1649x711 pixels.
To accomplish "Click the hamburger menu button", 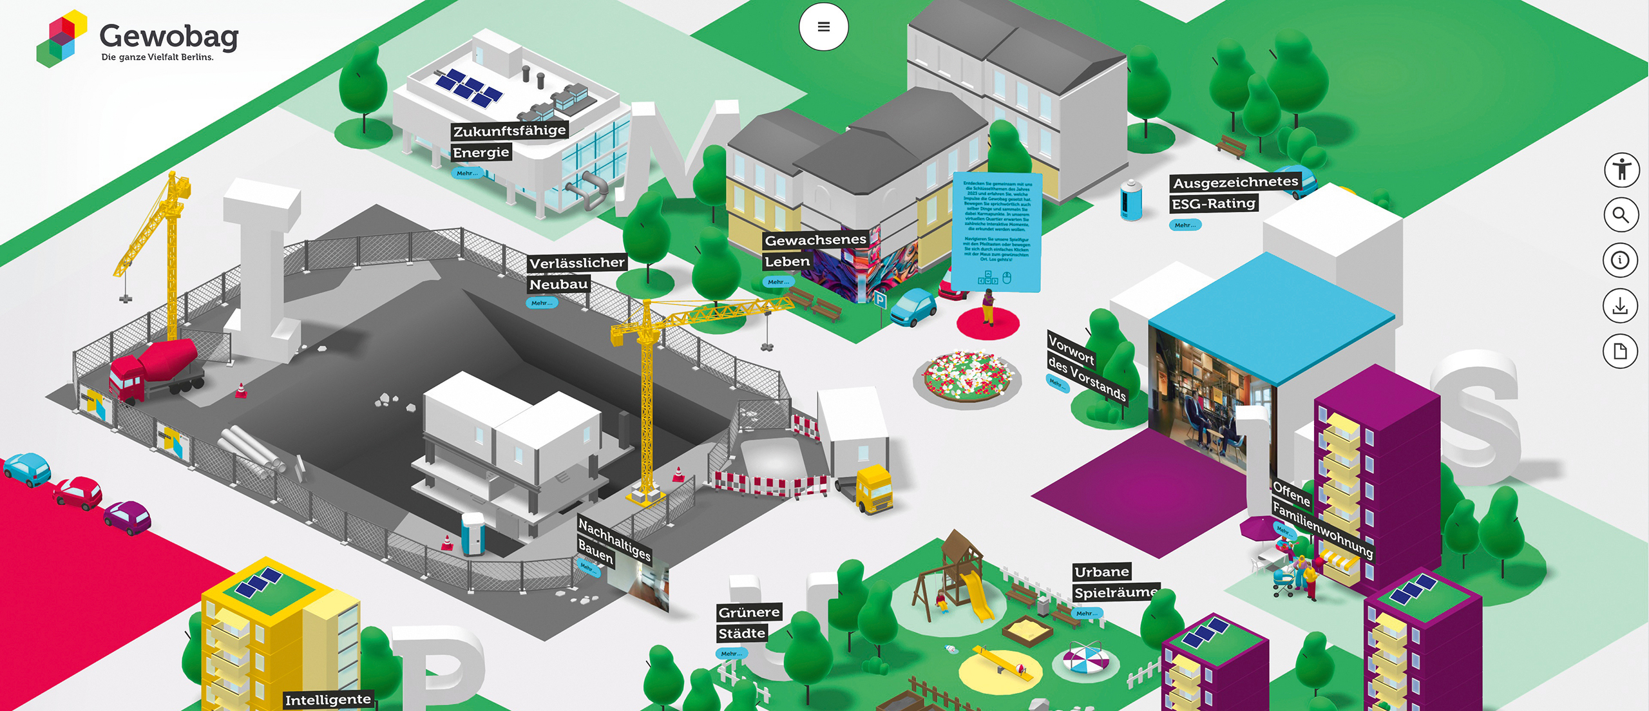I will click(823, 27).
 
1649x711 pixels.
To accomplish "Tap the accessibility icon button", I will click(1621, 171).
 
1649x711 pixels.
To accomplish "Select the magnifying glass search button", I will click(1621, 215).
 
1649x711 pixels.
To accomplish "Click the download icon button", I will click(1620, 306).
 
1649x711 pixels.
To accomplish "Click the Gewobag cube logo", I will click(61, 39).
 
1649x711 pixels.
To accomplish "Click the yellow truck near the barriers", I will click(873, 489).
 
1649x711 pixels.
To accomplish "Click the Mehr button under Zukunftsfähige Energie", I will click(467, 173).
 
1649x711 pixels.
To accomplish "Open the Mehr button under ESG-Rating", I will click(1185, 225).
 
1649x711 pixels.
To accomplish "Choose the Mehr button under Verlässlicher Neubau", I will click(541, 303).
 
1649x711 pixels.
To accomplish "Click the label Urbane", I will click(1101, 571).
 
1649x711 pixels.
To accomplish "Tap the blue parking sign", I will click(880, 299).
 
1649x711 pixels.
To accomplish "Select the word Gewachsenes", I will click(815, 240).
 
